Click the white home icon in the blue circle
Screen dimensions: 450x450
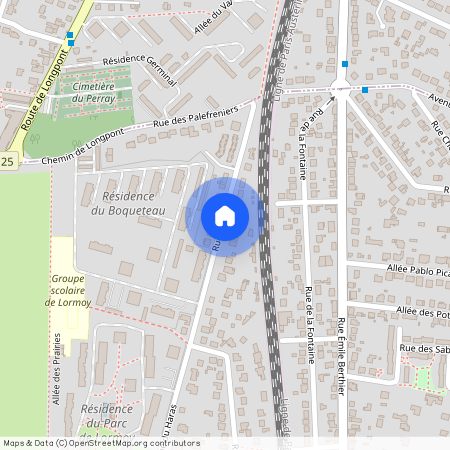coord(225,216)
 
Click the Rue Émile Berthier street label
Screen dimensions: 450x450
coord(341,355)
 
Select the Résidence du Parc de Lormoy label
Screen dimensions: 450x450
coord(107,421)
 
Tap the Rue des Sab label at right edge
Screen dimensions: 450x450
coord(424,348)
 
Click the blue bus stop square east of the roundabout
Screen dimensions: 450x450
coord(365,90)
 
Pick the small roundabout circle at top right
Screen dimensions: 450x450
coord(339,90)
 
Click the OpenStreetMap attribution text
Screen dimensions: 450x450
coord(100,443)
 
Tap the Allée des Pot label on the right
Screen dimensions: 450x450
coord(421,312)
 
